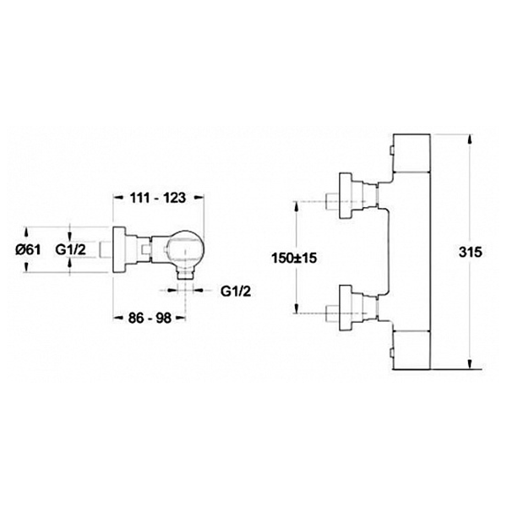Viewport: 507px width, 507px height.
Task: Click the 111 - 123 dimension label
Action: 158,198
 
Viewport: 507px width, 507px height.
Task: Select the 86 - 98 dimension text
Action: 150,318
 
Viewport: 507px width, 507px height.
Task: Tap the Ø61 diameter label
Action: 28,249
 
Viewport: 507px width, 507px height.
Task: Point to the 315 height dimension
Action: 471,252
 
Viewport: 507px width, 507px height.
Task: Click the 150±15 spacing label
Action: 294,258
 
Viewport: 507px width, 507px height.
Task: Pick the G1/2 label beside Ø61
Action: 71,249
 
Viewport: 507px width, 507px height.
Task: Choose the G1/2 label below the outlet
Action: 236,292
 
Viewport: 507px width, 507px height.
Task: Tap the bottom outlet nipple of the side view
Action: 185,274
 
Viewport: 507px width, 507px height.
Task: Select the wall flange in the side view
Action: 118,249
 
